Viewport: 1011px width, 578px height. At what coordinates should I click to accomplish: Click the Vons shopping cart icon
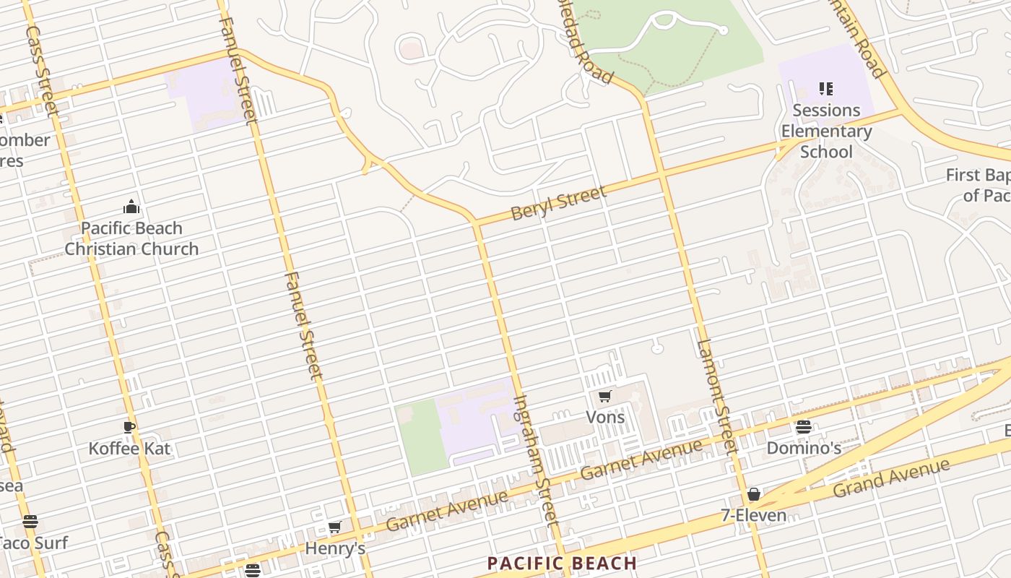tap(605, 396)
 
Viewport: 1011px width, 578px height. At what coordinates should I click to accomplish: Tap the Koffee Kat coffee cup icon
tap(129, 427)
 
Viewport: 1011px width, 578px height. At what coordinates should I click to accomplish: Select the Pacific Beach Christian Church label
tap(131, 238)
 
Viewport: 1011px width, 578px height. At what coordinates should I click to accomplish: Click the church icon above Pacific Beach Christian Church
tap(131, 207)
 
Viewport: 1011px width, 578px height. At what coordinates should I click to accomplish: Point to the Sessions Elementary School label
tap(826, 131)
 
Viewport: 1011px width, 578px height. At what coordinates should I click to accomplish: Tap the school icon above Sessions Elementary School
tap(826, 89)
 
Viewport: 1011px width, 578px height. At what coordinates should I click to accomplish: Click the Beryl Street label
tap(558, 203)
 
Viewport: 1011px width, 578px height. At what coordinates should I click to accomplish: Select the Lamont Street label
tap(716, 396)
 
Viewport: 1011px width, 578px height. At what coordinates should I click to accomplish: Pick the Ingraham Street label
tap(536, 460)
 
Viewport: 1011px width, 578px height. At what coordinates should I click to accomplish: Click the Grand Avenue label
tap(891, 478)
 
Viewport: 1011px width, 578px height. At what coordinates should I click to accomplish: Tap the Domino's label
tap(804, 448)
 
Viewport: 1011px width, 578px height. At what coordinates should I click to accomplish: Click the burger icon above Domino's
tap(804, 427)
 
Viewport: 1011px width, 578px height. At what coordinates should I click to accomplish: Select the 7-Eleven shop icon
tap(754, 494)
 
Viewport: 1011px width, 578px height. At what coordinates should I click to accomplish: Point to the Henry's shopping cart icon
tap(334, 527)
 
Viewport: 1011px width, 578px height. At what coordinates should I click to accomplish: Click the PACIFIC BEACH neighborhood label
tap(562, 564)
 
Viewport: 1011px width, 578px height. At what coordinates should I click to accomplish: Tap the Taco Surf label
tap(33, 543)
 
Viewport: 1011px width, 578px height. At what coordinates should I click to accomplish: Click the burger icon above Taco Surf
tap(30, 522)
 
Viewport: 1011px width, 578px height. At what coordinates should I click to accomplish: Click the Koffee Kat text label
tap(129, 449)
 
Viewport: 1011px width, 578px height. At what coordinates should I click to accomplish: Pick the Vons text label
tap(605, 417)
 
